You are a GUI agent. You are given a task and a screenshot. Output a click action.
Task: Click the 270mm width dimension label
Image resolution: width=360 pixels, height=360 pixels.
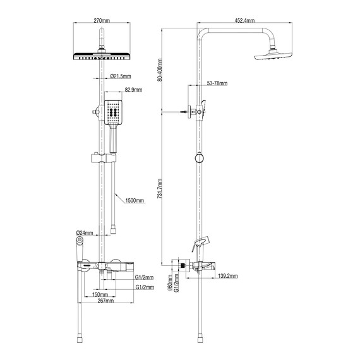(102, 21)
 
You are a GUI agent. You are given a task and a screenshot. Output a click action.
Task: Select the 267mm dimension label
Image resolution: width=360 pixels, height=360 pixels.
(105, 302)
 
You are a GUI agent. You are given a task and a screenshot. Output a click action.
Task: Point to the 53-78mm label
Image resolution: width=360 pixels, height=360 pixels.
(217, 83)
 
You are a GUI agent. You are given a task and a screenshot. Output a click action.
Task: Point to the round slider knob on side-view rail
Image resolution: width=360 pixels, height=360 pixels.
(200, 158)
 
